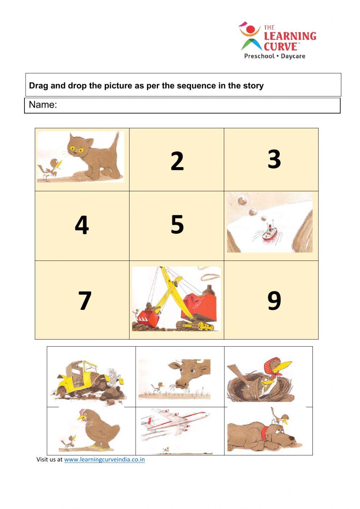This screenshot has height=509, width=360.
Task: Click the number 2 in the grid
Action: (177, 161)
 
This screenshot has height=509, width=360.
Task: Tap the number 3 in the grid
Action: (274, 159)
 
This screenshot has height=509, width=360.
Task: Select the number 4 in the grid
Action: (82, 225)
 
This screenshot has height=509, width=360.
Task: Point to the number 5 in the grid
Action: (177, 224)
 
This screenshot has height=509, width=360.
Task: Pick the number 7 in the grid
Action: (85, 300)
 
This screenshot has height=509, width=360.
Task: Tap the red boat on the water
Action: (269, 232)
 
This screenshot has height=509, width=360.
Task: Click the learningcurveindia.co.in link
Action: (104, 459)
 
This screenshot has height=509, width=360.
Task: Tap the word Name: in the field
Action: (43, 105)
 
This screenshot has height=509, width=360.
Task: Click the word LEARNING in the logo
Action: (290, 36)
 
